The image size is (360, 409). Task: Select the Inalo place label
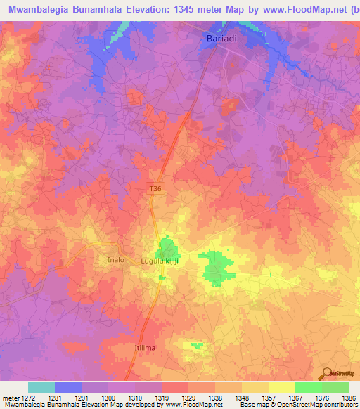click(115, 260)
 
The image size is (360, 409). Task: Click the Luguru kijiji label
click(167, 261)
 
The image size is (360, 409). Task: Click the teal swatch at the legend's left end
click(41, 387)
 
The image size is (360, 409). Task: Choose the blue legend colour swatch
click(68, 387)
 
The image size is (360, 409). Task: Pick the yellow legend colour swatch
click(281, 387)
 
